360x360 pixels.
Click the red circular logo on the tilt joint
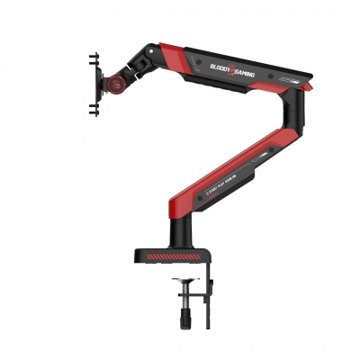(116, 85)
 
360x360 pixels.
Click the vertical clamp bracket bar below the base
(210, 288)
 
